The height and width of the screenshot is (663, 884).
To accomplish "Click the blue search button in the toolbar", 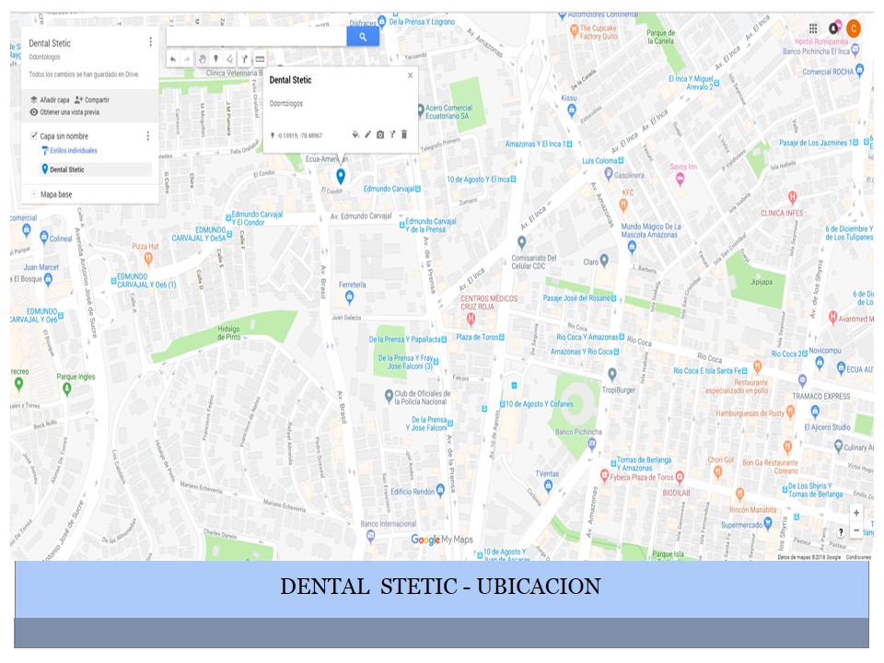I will tap(363, 37).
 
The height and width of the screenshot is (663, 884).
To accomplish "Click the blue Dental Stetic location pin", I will tap(341, 176).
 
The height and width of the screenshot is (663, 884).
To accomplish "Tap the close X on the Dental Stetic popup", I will tap(411, 76).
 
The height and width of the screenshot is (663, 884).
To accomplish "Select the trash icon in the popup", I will tap(404, 134).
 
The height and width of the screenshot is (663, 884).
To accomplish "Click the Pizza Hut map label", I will tap(145, 247).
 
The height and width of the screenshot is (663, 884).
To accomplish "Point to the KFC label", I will tap(628, 192).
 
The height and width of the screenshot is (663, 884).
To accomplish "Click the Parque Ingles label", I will tap(76, 376).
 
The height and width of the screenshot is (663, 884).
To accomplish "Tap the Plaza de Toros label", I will tap(477, 337).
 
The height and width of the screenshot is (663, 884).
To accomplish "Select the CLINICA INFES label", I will tap(782, 213).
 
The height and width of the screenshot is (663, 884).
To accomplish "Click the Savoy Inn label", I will tap(683, 167).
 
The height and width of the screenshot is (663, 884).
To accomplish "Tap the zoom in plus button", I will tap(856, 513).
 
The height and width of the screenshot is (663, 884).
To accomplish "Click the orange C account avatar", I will tap(854, 29).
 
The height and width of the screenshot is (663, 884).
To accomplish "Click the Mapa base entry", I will tap(56, 194).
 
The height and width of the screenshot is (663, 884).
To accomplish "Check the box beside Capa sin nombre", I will tap(34, 136).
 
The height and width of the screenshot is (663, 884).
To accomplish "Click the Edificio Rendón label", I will tap(413, 492).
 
